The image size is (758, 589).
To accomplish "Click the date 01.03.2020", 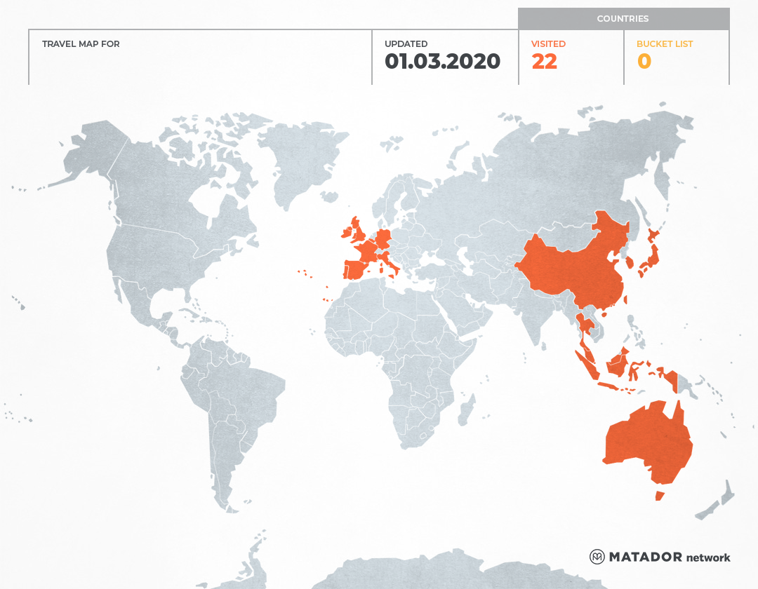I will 442,62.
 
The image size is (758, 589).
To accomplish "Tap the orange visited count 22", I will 544,62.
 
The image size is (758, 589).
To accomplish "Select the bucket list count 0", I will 644,62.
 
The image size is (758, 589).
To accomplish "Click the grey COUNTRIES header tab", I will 623,19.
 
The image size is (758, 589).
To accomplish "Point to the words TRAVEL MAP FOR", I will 81,44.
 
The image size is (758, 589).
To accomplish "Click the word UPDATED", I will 406,44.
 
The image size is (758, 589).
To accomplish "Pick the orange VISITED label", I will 548,44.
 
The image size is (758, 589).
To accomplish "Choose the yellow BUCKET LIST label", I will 664,44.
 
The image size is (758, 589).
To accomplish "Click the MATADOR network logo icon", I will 597,557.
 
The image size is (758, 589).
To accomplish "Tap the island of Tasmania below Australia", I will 659,496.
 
